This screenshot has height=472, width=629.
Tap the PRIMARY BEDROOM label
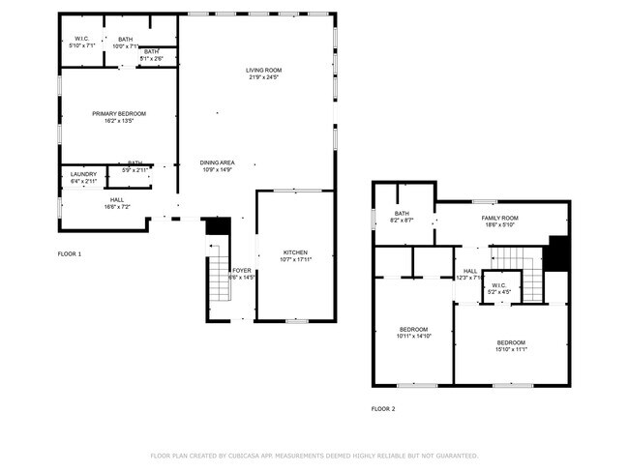click(119, 114)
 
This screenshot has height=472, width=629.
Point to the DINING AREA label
click(218, 162)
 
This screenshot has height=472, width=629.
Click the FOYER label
click(241, 271)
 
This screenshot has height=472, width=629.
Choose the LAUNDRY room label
click(83, 174)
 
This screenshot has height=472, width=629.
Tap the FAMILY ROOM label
click(500, 219)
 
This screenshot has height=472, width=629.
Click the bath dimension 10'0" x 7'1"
click(126, 45)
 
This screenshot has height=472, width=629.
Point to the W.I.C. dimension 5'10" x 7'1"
click(81, 45)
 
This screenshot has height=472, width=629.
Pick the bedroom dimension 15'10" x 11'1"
click(511, 349)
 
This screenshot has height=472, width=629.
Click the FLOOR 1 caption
click(70, 253)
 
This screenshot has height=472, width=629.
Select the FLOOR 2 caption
click(383, 408)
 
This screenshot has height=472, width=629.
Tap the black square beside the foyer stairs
click(218, 226)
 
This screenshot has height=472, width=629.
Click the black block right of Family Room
click(558, 254)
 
